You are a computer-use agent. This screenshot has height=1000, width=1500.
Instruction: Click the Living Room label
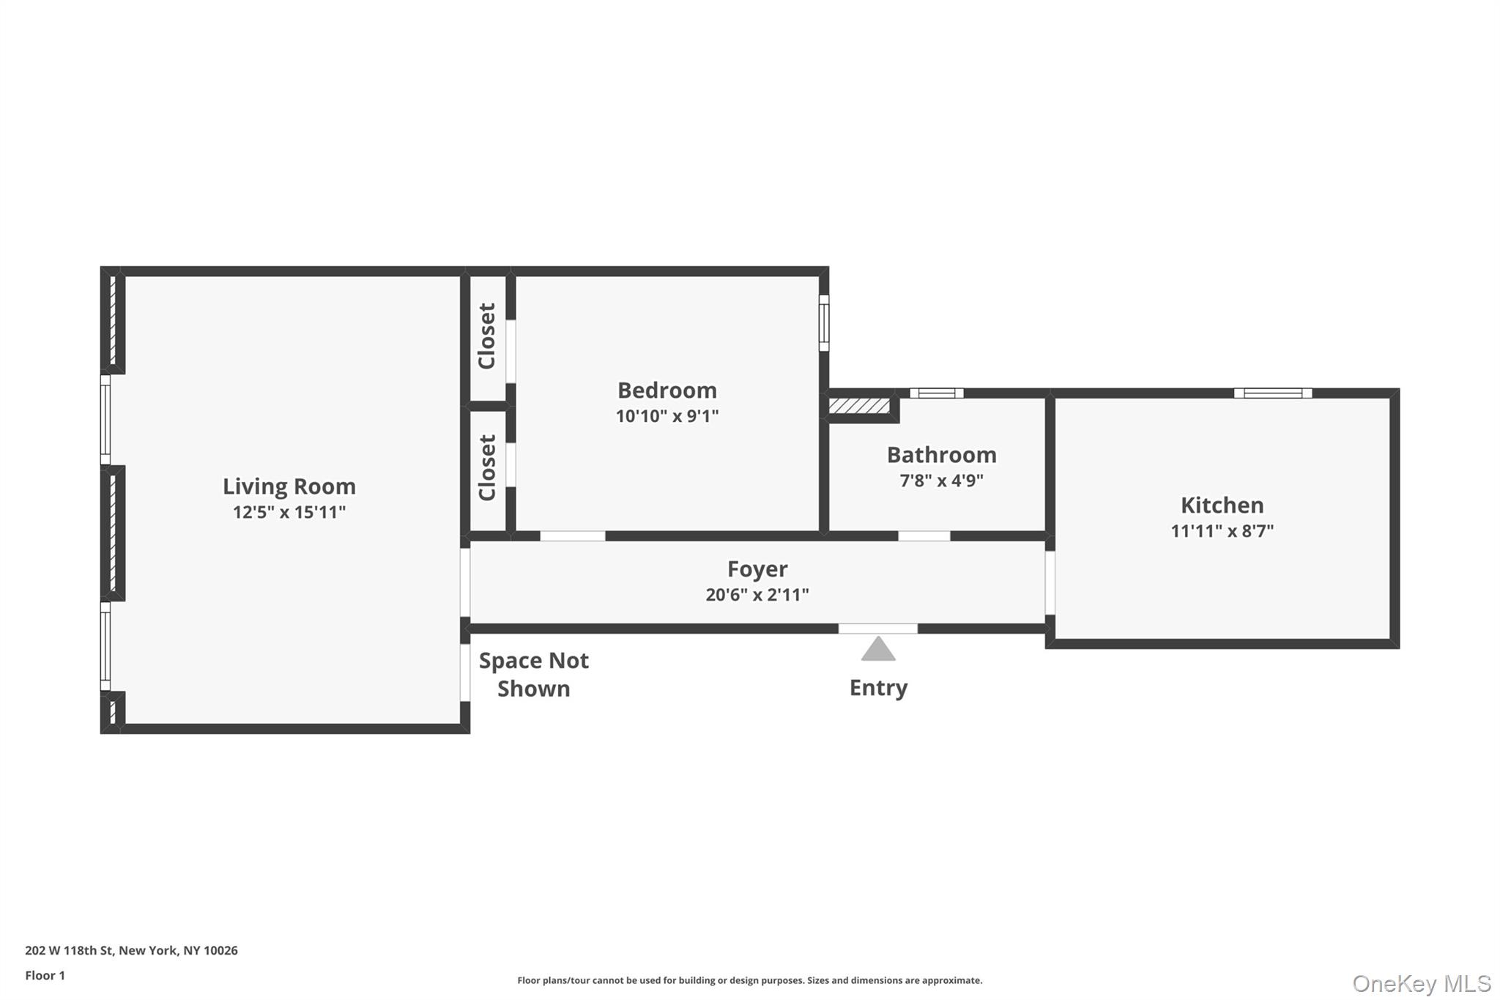coord(289,486)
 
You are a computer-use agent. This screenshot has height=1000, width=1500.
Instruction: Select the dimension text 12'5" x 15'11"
coord(289,512)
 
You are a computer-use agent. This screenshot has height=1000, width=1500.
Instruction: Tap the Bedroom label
coord(667,390)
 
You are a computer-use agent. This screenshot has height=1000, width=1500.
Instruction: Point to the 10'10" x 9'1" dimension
coord(667,416)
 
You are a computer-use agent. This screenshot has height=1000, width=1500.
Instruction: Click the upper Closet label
coord(487,336)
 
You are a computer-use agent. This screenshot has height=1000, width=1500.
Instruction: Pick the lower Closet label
coord(487,468)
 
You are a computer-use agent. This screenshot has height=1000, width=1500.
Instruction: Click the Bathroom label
coord(941,455)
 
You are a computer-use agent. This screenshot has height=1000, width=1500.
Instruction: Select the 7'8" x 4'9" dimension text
coord(941,481)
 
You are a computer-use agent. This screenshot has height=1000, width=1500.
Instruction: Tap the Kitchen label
coord(1222,505)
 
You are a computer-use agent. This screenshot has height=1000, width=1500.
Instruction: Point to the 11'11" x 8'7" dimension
coord(1222,531)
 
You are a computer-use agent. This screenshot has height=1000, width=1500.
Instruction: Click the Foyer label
coord(757,569)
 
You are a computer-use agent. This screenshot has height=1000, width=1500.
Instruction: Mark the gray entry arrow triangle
coord(878,651)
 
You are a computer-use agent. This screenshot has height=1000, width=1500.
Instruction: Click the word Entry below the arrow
coord(878,688)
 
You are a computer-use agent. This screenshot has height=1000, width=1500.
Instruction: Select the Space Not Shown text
coord(533,675)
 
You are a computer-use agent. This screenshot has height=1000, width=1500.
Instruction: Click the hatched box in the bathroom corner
coord(859,406)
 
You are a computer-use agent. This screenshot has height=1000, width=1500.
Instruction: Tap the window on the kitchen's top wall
coord(1273,393)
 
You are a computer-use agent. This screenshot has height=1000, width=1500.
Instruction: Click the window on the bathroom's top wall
coord(937,393)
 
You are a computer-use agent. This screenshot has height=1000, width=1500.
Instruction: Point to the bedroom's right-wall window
coord(824,323)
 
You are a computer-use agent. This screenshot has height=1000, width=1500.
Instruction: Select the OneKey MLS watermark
coord(1422,983)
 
